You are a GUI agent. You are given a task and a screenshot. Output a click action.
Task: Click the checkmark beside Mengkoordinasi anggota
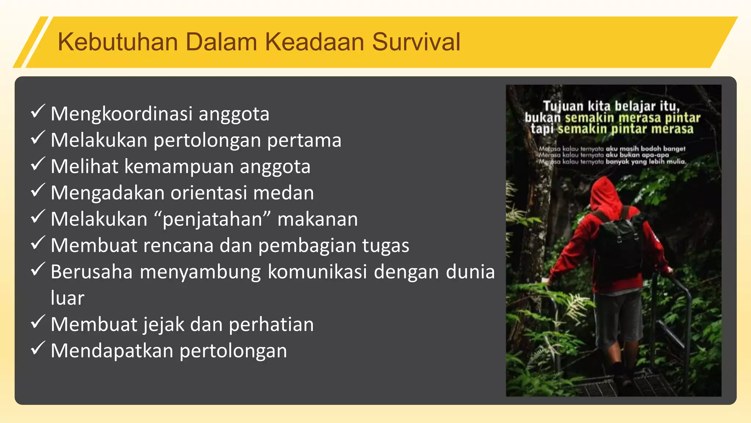[38, 111]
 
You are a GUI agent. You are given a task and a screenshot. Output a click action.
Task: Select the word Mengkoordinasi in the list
[121, 114]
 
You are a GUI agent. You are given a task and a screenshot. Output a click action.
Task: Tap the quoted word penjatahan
[212, 220]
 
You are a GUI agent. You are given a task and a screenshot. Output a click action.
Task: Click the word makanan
[318, 219]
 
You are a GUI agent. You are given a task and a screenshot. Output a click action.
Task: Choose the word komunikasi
[317, 272]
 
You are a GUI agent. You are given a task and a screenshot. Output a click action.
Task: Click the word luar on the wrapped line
[67, 298]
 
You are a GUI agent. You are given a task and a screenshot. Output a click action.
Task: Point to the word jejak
[164, 325]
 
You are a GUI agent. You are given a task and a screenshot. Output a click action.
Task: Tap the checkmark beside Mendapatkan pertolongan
[38, 348]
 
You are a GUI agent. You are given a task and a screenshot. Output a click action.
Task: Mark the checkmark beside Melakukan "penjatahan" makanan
[38, 217]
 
